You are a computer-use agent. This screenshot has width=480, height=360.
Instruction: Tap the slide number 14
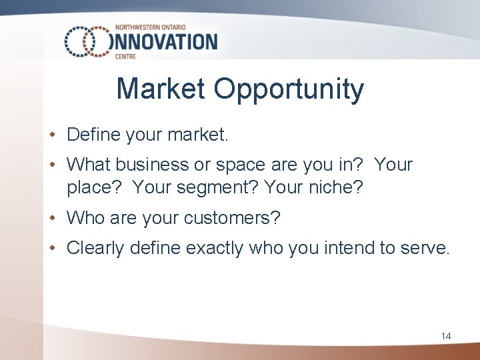446,336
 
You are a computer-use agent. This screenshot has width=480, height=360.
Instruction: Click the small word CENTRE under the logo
125,57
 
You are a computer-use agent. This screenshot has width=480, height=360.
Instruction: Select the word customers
233,217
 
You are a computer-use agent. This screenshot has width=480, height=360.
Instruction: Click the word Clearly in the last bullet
95,249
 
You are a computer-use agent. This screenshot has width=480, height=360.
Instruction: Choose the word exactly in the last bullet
215,249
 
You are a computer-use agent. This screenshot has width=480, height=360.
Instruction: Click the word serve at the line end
429,249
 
